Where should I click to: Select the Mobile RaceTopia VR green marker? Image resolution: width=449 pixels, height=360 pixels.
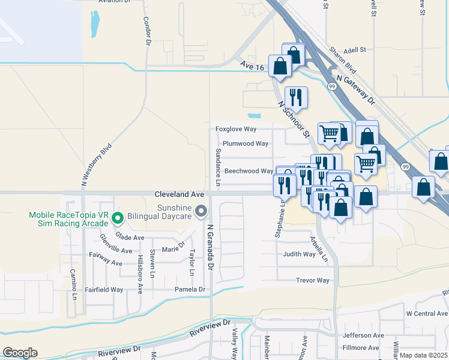click(x=118, y=218)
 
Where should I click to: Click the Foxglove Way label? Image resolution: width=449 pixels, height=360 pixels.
click(x=237, y=129)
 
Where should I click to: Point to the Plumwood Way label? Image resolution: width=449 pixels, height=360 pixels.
click(x=246, y=144)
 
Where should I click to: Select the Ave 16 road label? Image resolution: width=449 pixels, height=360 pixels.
click(x=251, y=66)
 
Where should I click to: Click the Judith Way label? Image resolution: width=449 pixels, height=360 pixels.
click(x=300, y=254)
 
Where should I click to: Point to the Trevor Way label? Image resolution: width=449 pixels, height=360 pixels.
click(x=313, y=280)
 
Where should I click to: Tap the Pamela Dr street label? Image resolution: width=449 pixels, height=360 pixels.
click(x=190, y=289)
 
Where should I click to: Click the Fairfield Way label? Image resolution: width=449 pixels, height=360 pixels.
click(x=104, y=289)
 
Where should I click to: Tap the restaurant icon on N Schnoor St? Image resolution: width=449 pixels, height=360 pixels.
click(x=295, y=97)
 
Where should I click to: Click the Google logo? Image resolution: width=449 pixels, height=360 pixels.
click(x=20, y=353)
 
